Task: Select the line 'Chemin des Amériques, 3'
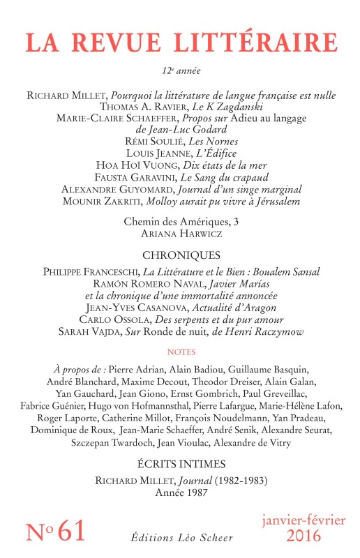point(180,221)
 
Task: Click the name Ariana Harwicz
point(180,233)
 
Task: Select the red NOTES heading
point(180,352)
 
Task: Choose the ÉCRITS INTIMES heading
point(180,462)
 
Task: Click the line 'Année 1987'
point(180,492)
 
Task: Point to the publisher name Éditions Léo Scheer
point(180,535)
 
